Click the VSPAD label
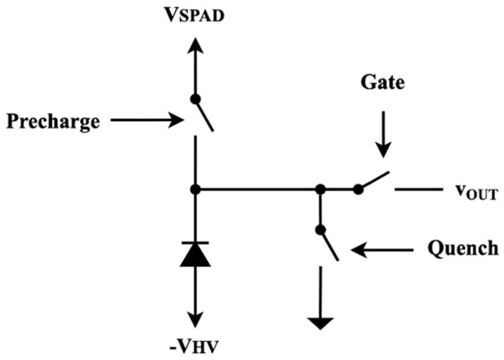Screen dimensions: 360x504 click(x=195, y=15)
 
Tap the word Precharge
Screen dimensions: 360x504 click(x=53, y=121)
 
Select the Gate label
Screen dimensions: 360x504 click(x=383, y=82)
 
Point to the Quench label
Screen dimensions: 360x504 click(x=463, y=248)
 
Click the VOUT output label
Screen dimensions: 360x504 click(x=476, y=192)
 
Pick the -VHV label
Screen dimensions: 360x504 click(x=194, y=346)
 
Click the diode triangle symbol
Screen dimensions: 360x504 click(x=195, y=256)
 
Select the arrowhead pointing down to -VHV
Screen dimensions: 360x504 click(x=195, y=319)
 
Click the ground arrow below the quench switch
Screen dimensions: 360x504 click(x=320, y=323)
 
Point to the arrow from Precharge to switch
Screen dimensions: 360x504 click(x=146, y=120)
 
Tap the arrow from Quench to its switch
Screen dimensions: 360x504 click(x=382, y=250)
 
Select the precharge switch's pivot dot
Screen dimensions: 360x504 click(x=195, y=99)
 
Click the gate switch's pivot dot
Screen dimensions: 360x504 click(x=358, y=189)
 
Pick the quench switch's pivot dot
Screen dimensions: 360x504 click(x=320, y=230)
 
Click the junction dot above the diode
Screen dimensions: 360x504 click(x=195, y=189)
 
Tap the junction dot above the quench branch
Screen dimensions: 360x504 click(x=320, y=189)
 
